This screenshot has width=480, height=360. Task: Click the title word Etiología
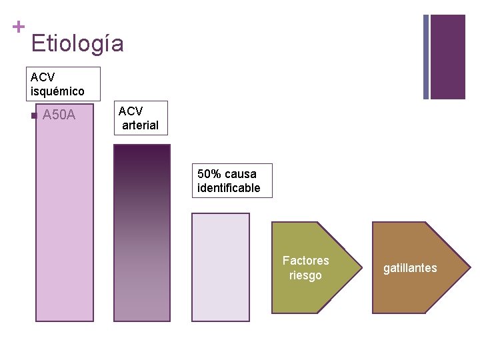coord(77,44)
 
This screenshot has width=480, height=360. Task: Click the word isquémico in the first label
coord(57,91)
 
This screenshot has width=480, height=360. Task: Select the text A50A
coord(59,116)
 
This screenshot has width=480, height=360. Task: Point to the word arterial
coord(140,125)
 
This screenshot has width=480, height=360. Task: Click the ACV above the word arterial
coord(130,111)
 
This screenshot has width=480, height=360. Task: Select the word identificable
coord(229,188)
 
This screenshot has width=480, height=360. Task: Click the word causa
coord(241,174)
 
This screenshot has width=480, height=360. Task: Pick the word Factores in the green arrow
coord(305,261)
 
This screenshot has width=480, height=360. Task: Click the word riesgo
coord(305,275)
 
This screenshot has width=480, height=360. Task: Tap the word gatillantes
coord(410,268)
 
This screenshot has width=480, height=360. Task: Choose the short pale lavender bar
coord(220,267)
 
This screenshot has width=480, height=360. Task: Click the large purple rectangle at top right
coord(448,57)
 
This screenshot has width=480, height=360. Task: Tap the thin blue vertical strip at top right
coord(426,57)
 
